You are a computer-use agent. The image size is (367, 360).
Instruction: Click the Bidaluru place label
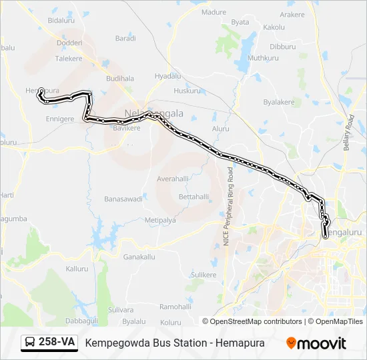pyautogui.click(x=61, y=21)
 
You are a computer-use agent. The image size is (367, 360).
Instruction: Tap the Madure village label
pyautogui.click(x=214, y=12)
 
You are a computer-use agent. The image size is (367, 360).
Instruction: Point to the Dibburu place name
pyautogui.click(x=283, y=47)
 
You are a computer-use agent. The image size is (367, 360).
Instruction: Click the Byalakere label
pyautogui.click(x=279, y=102)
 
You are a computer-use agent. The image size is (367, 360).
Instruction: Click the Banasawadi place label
pyautogui.click(x=123, y=199)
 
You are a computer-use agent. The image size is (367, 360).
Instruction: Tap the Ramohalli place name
pyautogui.click(x=175, y=307)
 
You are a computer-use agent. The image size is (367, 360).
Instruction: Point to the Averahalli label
pyautogui.click(x=173, y=179)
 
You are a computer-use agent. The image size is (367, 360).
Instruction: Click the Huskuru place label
pyautogui.click(x=187, y=91)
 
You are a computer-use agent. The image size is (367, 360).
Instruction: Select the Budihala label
pyautogui.click(x=120, y=78)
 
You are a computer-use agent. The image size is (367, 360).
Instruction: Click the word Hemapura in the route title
pyautogui.click(x=240, y=343)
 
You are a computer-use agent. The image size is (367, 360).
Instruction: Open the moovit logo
pyautogui.click(x=316, y=343)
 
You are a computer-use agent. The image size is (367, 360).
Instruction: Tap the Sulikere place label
pyautogui.click(x=204, y=275)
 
